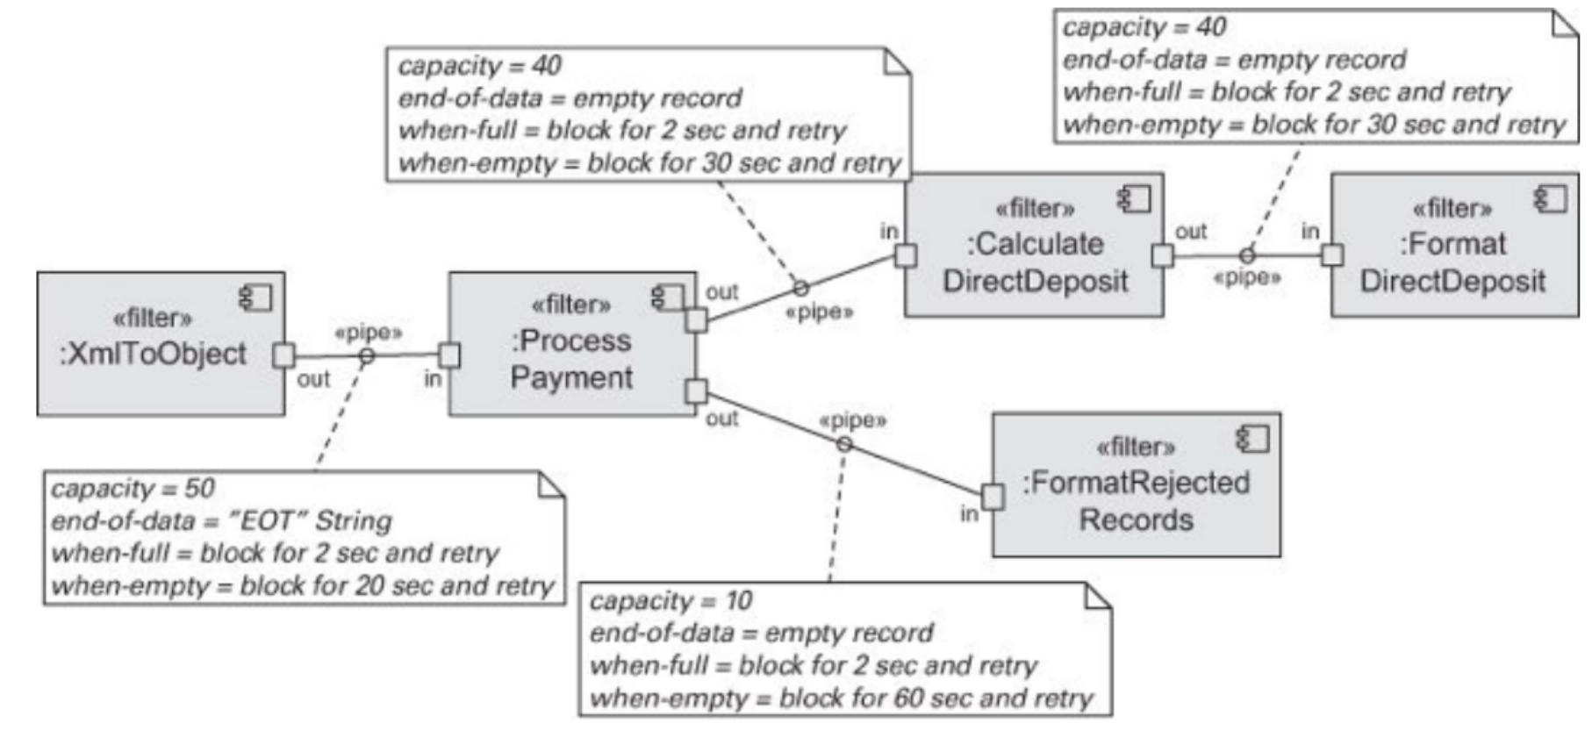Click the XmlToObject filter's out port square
pyautogui.click(x=283, y=355)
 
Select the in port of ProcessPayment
pyautogui.click(x=449, y=355)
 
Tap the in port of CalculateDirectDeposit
pyautogui.click(x=906, y=255)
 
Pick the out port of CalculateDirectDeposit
pyautogui.click(x=1162, y=255)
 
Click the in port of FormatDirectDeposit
pyautogui.click(x=1331, y=255)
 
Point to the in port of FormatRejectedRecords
pyautogui.click(x=993, y=497)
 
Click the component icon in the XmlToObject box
pyautogui.click(x=256, y=298)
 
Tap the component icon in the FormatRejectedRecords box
pyautogui.click(x=1252, y=439)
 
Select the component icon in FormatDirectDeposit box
pyautogui.click(x=1550, y=199)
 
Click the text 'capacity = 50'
pyautogui.click(x=133, y=489)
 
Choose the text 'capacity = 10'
pyautogui.click(x=671, y=601)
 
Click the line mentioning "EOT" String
pyautogui.click(x=221, y=521)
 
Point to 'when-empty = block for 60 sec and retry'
pyautogui.click(x=841, y=698)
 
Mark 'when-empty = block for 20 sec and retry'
pyautogui.click(x=302, y=586)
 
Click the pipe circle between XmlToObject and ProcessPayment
pyautogui.click(x=367, y=355)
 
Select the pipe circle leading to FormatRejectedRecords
pyautogui.click(x=844, y=444)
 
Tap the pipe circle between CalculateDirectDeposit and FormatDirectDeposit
pyautogui.click(x=1246, y=255)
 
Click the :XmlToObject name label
pyautogui.click(x=153, y=354)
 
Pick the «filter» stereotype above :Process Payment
pyautogui.click(x=570, y=304)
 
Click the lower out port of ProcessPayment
pyautogui.click(x=696, y=391)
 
